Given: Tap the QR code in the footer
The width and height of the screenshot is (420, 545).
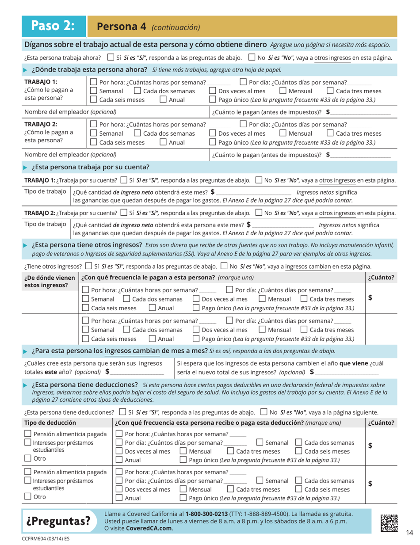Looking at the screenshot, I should click(389, 522).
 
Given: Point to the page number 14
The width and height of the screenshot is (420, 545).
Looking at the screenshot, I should click(409, 533).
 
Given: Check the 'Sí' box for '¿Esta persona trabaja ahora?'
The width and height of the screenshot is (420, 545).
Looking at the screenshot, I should click(111, 58).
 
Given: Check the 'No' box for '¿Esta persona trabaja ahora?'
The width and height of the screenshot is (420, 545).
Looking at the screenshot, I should click(252, 58).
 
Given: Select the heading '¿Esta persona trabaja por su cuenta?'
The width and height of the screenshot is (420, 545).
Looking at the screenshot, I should click(90, 167).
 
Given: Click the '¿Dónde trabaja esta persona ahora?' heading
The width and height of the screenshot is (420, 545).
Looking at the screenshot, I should click(89, 70).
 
